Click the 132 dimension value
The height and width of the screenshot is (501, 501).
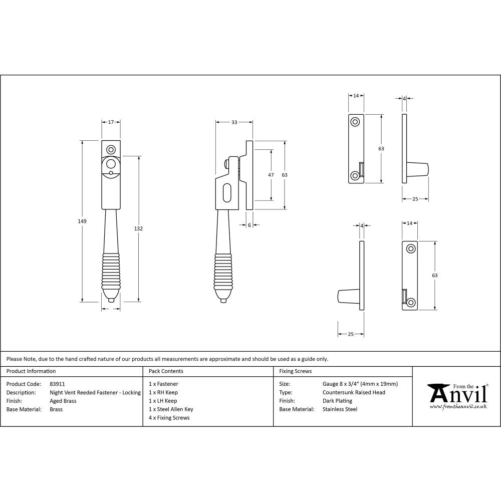(x=139, y=228)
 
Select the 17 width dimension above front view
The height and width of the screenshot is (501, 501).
(x=111, y=122)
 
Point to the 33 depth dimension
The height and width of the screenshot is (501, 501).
(x=234, y=122)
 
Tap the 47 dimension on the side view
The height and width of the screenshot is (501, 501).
(x=271, y=175)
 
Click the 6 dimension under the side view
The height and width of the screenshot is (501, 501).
(x=249, y=225)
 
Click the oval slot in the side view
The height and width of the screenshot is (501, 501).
(x=226, y=192)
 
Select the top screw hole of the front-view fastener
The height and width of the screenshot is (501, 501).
(x=111, y=149)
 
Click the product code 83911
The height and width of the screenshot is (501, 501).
(x=58, y=384)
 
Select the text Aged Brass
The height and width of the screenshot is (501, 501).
(x=63, y=401)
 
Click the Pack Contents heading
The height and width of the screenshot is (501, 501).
(x=166, y=371)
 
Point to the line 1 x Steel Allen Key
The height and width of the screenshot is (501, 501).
(x=171, y=409)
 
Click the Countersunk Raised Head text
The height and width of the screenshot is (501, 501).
(x=354, y=392)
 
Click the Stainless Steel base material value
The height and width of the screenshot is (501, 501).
(x=340, y=409)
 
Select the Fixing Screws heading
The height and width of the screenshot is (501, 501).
(x=295, y=371)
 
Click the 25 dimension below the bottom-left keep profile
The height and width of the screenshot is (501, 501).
(x=350, y=334)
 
